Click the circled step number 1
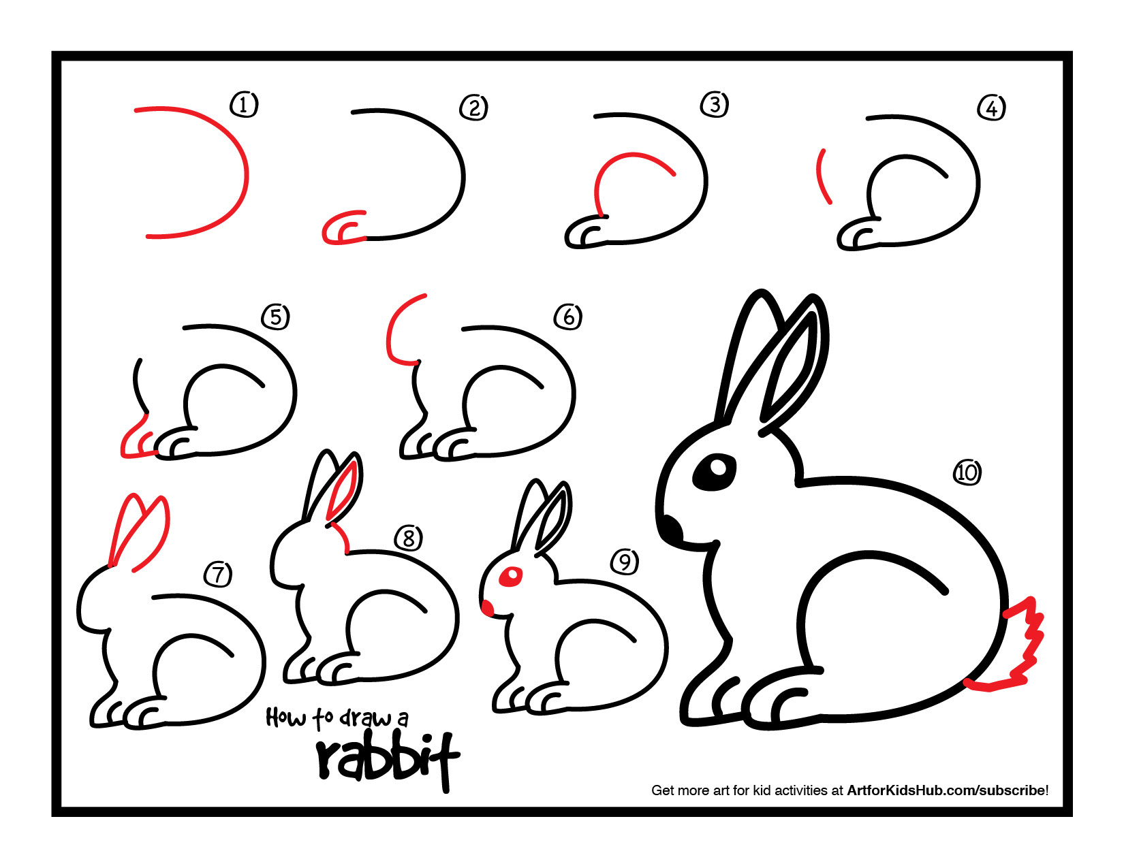point(244,105)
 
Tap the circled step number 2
point(473,108)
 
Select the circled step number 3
point(715,104)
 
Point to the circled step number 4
point(991,108)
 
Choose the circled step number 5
point(275,317)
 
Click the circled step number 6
point(568,317)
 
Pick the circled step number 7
point(218,574)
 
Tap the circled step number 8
point(408,539)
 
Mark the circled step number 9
point(624,562)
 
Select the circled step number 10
point(967,472)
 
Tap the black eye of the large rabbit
point(715,470)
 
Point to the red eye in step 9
point(510,577)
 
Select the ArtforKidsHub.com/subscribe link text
point(947,790)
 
